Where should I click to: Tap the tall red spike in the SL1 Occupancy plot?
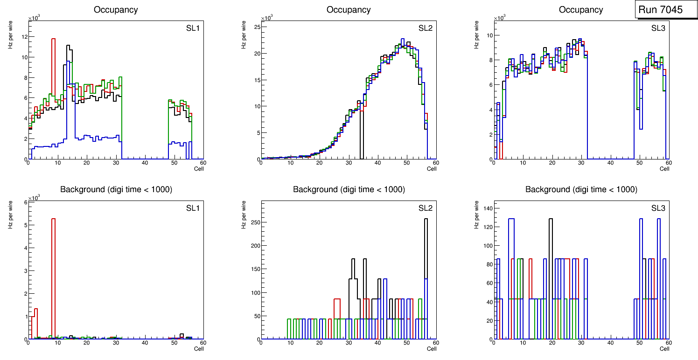click(x=54, y=70)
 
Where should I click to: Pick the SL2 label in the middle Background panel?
click(x=425, y=208)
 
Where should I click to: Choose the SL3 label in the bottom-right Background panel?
click(x=658, y=208)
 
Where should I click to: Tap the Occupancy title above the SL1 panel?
click(x=116, y=10)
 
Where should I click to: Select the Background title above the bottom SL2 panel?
click(x=349, y=189)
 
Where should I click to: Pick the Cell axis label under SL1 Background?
click(x=199, y=348)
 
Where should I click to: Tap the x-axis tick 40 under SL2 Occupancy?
click(x=377, y=163)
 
